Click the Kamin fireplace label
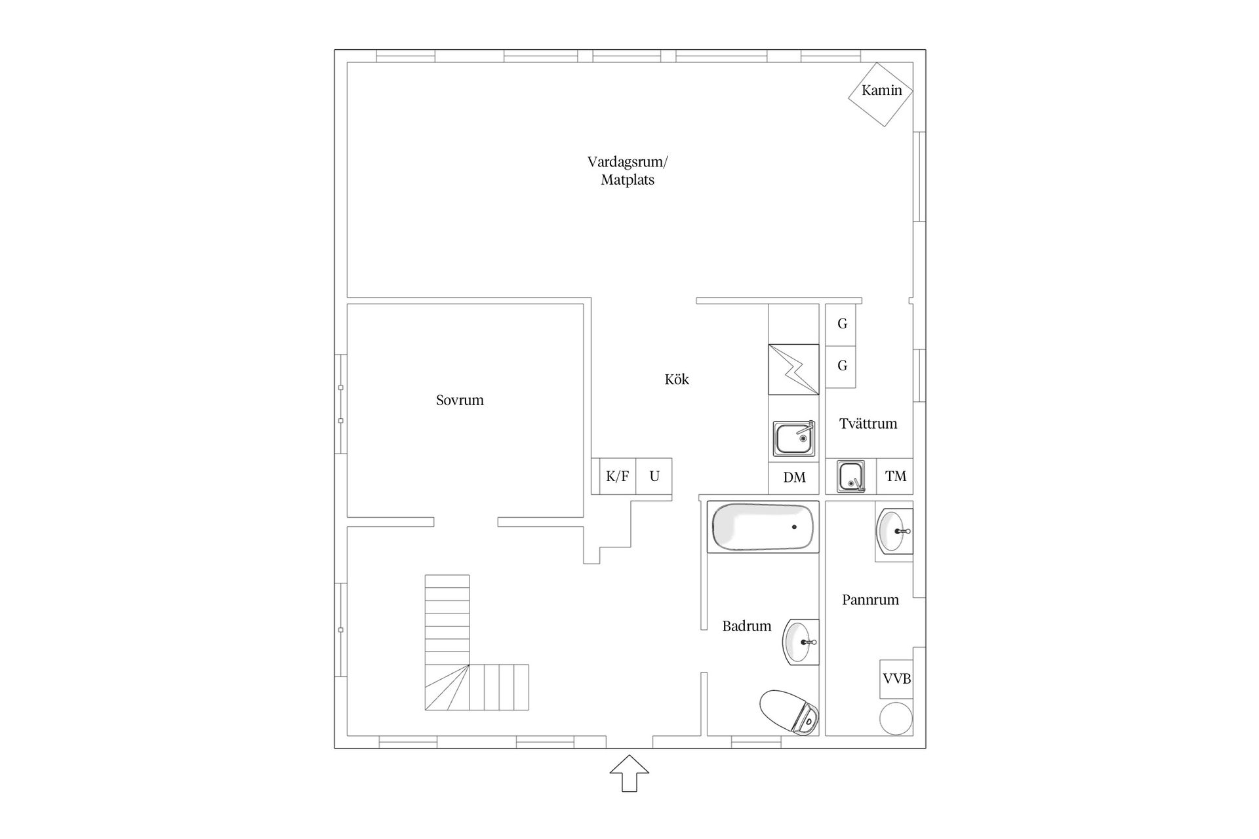[x=881, y=90]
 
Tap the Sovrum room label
[x=460, y=400]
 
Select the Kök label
[x=677, y=379]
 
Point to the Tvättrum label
[x=868, y=423]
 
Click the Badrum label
[x=746, y=626]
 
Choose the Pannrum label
[x=870, y=600]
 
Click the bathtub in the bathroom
[x=763, y=527]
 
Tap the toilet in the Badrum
[x=789, y=712]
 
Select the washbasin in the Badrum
[x=801, y=642]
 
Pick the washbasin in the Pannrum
[x=894, y=532]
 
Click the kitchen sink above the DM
[x=794, y=439]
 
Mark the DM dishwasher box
[x=794, y=477]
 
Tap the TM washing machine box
[x=895, y=477]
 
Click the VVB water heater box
[x=896, y=679]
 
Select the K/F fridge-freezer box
[x=617, y=477]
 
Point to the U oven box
[x=654, y=477]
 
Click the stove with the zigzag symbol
[x=793, y=370]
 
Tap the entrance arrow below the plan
[x=629, y=773]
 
